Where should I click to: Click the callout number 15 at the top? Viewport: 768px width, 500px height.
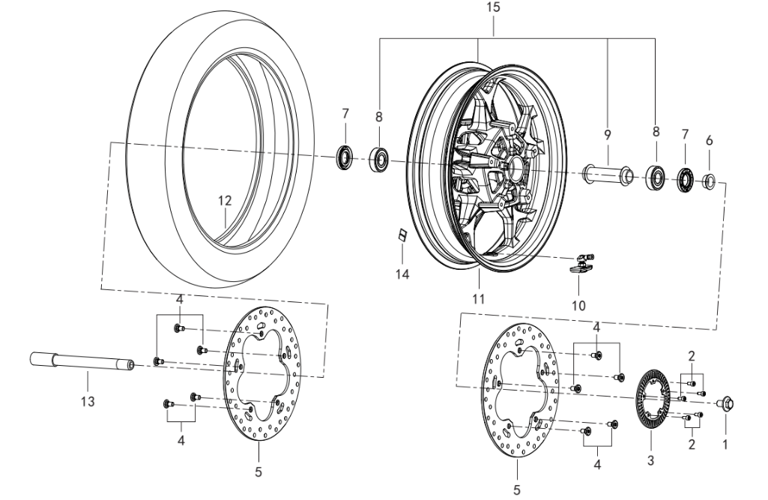pyautogui.click(x=493, y=7)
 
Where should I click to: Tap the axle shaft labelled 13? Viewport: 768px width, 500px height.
pyautogui.click(x=82, y=361)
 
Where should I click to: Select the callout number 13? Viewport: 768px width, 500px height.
pyautogui.click(x=88, y=402)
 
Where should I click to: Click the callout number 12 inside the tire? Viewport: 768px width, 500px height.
pyautogui.click(x=225, y=200)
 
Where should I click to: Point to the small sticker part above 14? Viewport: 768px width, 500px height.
pyautogui.click(x=402, y=235)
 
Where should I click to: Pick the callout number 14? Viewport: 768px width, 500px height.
pyautogui.click(x=402, y=274)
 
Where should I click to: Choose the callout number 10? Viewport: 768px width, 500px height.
pyautogui.click(x=578, y=306)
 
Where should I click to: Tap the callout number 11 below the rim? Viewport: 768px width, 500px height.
pyautogui.click(x=479, y=298)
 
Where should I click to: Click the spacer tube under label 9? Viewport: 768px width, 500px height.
pyautogui.click(x=607, y=175)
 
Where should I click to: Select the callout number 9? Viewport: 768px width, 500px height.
pyautogui.click(x=608, y=135)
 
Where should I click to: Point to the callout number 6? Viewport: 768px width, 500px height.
pyautogui.click(x=710, y=141)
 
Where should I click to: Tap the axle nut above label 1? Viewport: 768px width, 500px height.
pyautogui.click(x=725, y=403)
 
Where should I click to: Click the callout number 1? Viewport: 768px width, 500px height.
pyautogui.click(x=725, y=445)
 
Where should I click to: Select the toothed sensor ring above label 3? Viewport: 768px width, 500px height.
pyautogui.click(x=653, y=400)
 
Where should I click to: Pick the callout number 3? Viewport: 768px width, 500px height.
pyautogui.click(x=650, y=461)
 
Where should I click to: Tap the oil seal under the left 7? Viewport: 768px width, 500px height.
pyautogui.click(x=345, y=157)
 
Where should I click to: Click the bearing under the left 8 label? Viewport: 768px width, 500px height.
pyautogui.click(x=378, y=160)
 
